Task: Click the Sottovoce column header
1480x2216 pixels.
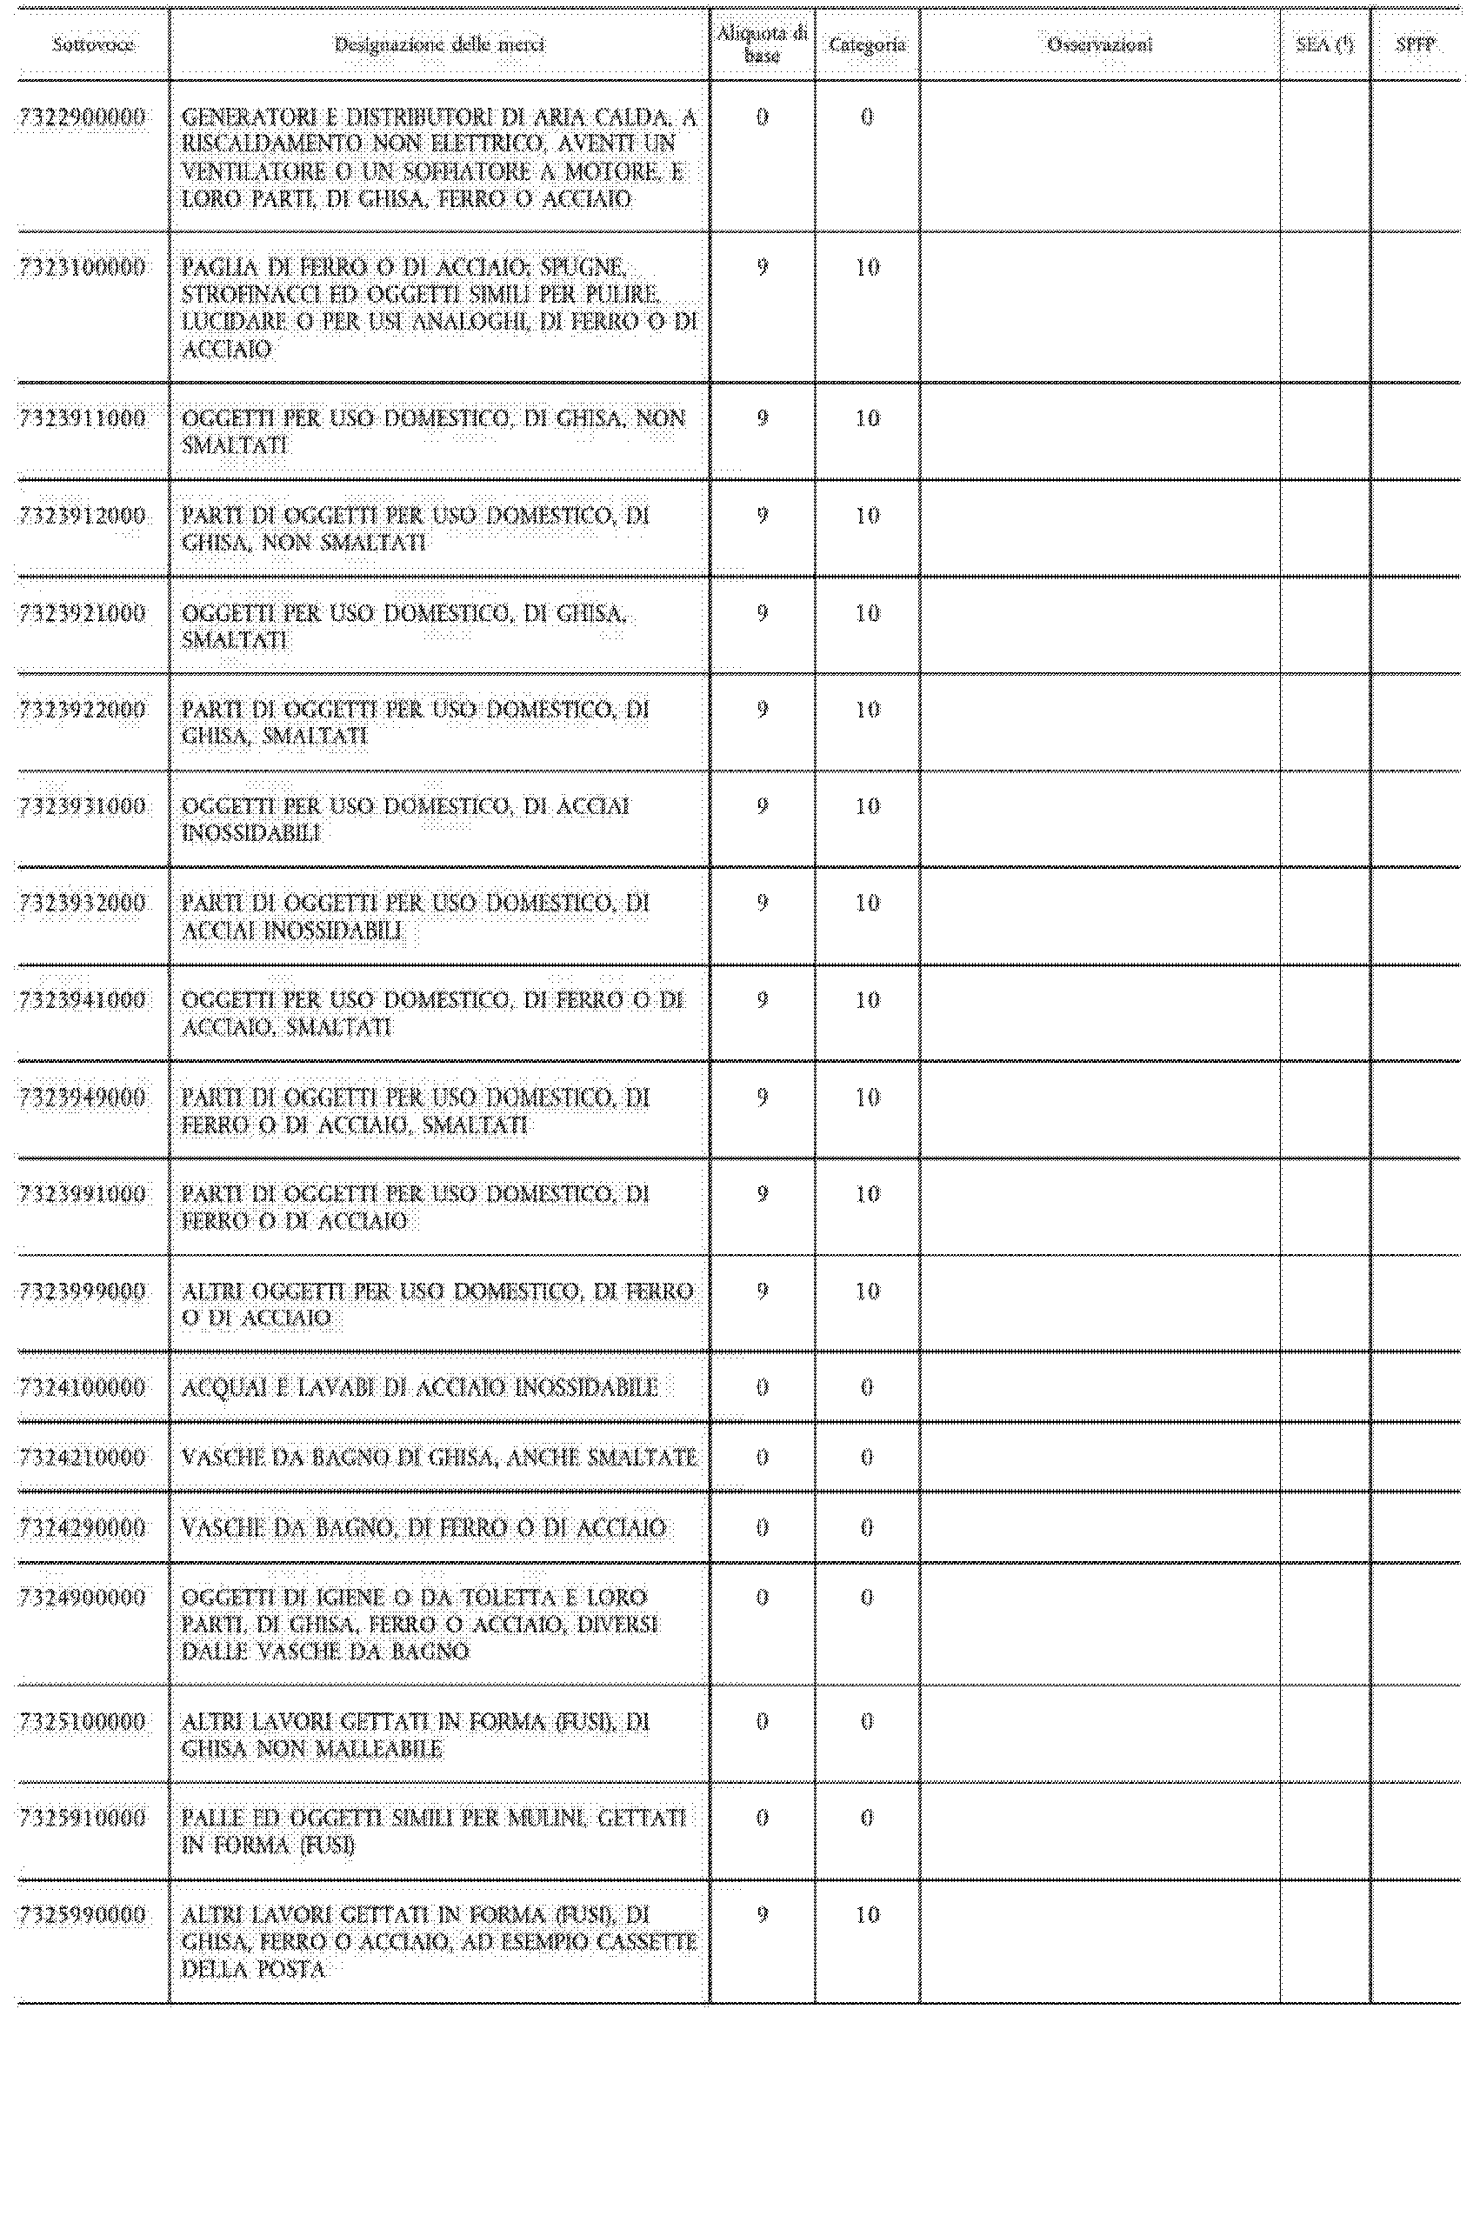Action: [x=92, y=44]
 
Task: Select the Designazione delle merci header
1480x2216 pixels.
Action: [x=439, y=44]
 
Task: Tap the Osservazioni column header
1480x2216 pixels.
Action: [x=1100, y=44]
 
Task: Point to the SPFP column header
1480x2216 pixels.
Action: [x=1415, y=44]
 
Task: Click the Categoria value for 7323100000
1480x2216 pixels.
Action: [x=866, y=267]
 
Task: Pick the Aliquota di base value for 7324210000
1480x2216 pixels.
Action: [x=762, y=1458]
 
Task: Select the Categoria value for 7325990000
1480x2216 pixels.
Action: [x=866, y=1914]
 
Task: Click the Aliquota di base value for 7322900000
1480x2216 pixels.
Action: [x=762, y=117]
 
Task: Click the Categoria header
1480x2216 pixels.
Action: [x=866, y=44]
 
